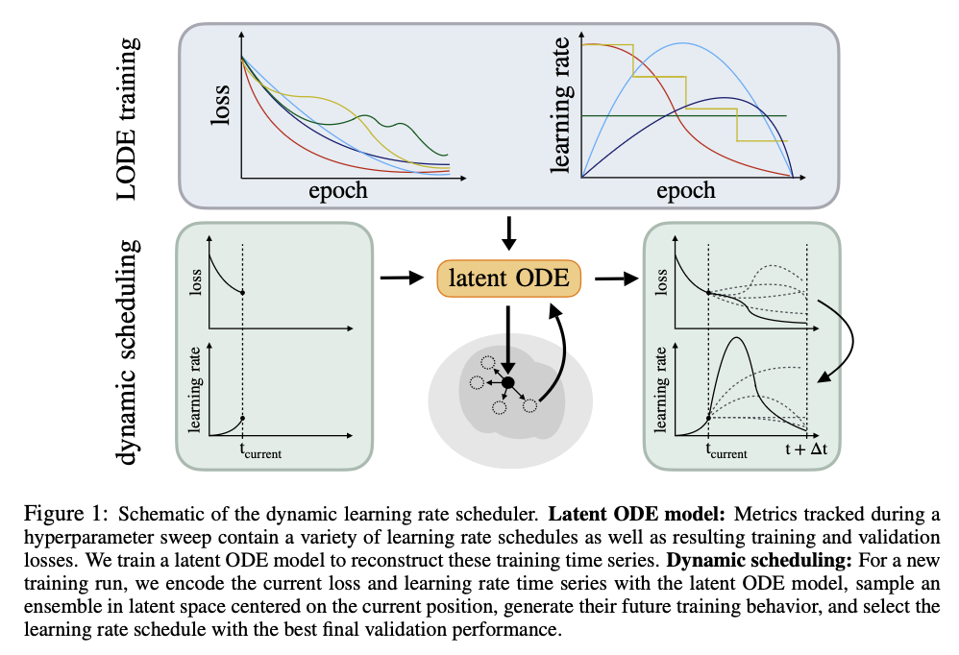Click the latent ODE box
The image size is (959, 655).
508,279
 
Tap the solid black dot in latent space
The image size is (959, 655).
508,383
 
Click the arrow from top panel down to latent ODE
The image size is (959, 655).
509,232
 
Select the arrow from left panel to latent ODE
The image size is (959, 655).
402,279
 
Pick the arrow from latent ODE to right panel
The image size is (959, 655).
616,279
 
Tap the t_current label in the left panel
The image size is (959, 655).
258,450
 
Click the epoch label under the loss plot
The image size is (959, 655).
337,190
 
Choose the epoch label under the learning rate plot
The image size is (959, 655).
685,190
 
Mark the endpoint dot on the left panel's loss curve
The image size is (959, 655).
243,293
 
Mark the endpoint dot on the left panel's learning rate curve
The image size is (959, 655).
243,418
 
